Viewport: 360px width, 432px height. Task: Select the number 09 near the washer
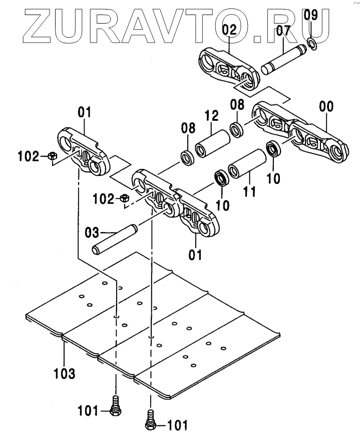311,16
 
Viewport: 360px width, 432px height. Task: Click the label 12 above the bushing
211,117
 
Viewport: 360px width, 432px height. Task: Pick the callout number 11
249,191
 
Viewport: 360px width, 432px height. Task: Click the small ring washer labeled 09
312,45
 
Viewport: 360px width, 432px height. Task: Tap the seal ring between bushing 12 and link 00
237,130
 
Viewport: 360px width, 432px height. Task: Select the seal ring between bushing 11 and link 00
273,148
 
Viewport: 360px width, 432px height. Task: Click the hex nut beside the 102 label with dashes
125,198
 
